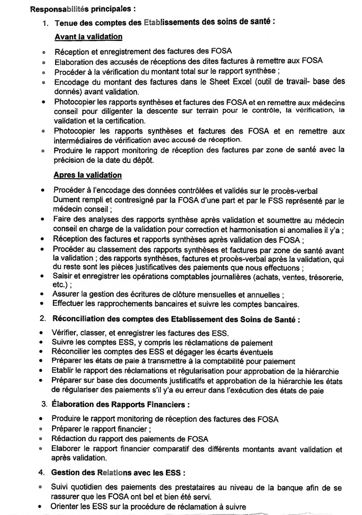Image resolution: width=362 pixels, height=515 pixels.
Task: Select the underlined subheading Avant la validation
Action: coord(88,37)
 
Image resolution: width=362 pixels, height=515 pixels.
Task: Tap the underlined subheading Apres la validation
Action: coord(88,175)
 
